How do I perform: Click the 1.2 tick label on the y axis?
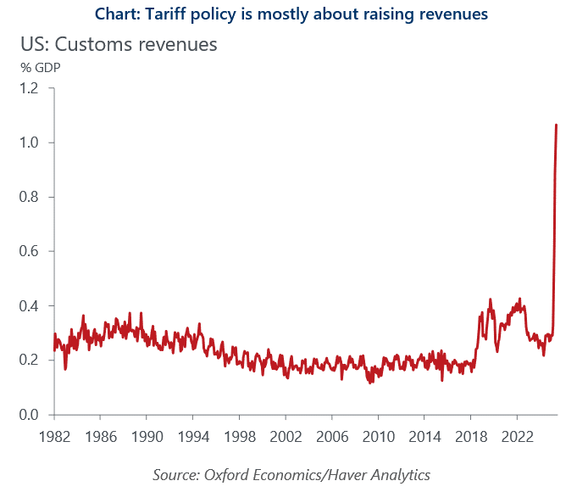(x=29, y=88)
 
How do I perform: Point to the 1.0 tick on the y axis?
(x=29, y=143)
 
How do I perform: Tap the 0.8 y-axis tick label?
(x=29, y=197)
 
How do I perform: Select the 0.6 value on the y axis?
(x=29, y=251)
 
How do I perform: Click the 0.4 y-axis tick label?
(x=29, y=305)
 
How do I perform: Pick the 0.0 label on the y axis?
(x=29, y=414)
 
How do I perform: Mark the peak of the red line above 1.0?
(x=556, y=125)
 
